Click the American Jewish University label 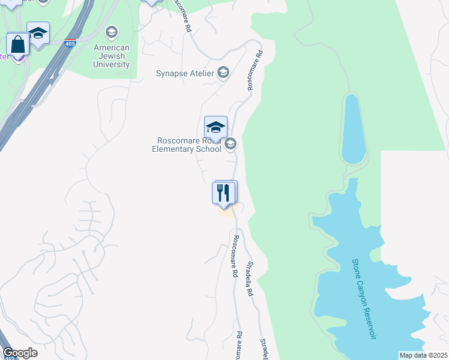pyautogui.click(x=112, y=56)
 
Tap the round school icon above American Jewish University pyautogui.click(x=111, y=32)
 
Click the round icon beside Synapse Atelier pyautogui.click(x=223, y=73)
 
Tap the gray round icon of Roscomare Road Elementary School pyautogui.click(x=230, y=144)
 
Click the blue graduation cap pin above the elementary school pyautogui.click(x=215, y=127)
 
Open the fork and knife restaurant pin pyautogui.click(x=224, y=193)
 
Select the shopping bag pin pyautogui.click(x=17, y=45)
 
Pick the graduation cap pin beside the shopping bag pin pyautogui.click(x=38, y=34)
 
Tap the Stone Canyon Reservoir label pyautogui.click(x=364, y=299)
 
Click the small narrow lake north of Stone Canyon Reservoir pyautogui.click(x=354, y=128)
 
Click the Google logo pyautogui.click(x=20, y=353)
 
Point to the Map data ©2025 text pyautogui.click(x=423, y=355)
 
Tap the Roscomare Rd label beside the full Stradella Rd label pyautogui.click(x=235, y=256)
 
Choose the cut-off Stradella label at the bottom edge pyautogui.click(x=264, y=349)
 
